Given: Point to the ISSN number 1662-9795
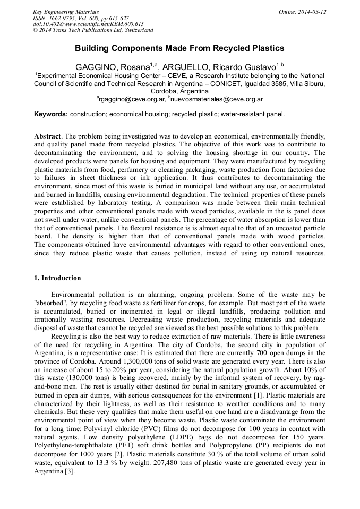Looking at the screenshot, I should click(x=63, y=18).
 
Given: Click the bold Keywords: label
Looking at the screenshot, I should click(x=51, y=114).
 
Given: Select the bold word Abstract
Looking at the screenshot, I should click(x=47, y=136).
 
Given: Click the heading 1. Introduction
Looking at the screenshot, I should click(x=57, y=278).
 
